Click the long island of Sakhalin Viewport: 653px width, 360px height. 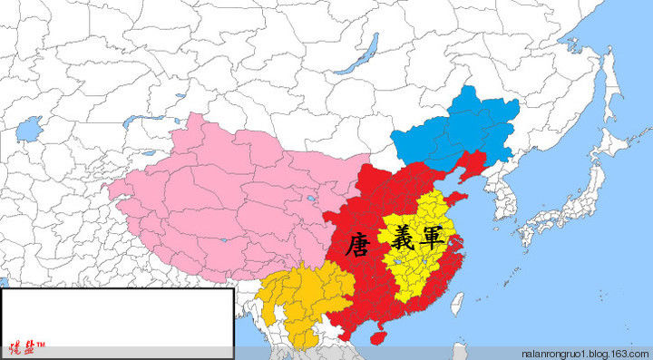(x=609, y=86)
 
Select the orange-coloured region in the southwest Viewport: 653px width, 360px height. (x=299, y=299)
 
